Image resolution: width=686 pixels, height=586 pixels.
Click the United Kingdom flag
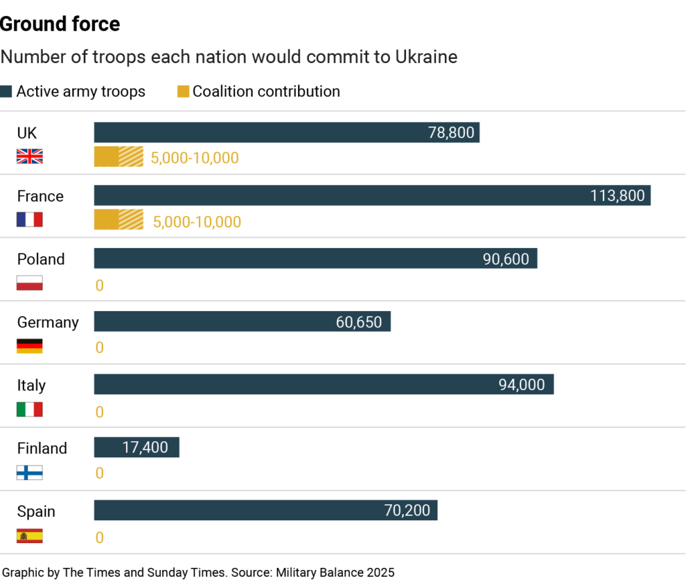(x=29, y=156)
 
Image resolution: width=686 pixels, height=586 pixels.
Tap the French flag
(x=29, y=219)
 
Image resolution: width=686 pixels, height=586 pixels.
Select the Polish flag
(x=29, y=282)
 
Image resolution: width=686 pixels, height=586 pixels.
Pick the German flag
(x=29, y=346)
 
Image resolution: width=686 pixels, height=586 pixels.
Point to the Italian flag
(x=29, y=409)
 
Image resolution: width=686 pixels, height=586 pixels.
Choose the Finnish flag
(x=29, y=472)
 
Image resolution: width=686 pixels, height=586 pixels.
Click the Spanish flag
(x=29, y=536)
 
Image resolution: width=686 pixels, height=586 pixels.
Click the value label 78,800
(x=451, y=133)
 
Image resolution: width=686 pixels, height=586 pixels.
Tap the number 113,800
(x=617, y=196)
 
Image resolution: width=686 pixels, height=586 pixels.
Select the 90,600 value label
(x=506, y=259)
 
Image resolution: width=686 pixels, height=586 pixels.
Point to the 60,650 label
(x=358, y=323)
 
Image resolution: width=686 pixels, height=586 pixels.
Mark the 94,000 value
(x=521, y=385)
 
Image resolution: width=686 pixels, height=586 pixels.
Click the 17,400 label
(x=145, y=447)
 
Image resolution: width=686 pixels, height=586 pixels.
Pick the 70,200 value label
(x=407, y=510)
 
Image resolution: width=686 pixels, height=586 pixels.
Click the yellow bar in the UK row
(x=119, y=156)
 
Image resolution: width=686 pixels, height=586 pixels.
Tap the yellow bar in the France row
(x=119, y=219)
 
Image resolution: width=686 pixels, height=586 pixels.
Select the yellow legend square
(x=184, y=91)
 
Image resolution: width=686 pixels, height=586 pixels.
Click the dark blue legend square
(x=6, y=91)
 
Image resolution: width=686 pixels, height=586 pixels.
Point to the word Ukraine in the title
(x=426, y=58)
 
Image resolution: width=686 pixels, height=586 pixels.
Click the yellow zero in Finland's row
(x=99, y=473)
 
